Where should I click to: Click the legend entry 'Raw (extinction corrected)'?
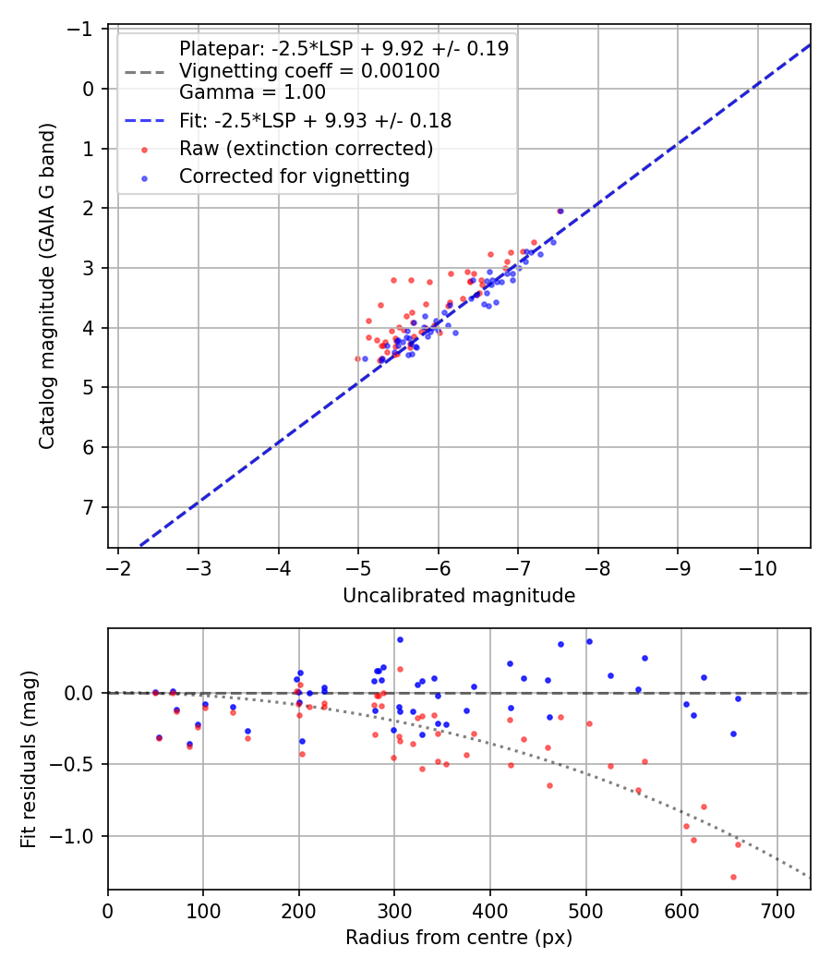[306, 149]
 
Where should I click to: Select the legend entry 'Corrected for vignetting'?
[295, 176]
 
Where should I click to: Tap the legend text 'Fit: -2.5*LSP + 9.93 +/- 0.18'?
[315, 120]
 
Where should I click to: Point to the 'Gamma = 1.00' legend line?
[252, 92]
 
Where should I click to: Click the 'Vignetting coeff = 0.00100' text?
[309, 71]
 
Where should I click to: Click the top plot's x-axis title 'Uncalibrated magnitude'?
[459, 596]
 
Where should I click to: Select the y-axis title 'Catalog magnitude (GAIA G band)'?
[48, 286]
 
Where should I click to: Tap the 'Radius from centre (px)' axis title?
[459, 938]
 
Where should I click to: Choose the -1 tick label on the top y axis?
[84, 30]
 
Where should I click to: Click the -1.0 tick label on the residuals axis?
[76, 836]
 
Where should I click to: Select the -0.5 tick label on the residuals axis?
[76, 764]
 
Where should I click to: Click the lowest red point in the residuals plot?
[733, 877]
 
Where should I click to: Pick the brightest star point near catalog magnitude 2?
[560, 211]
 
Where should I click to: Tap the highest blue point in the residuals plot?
[400, 639]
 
